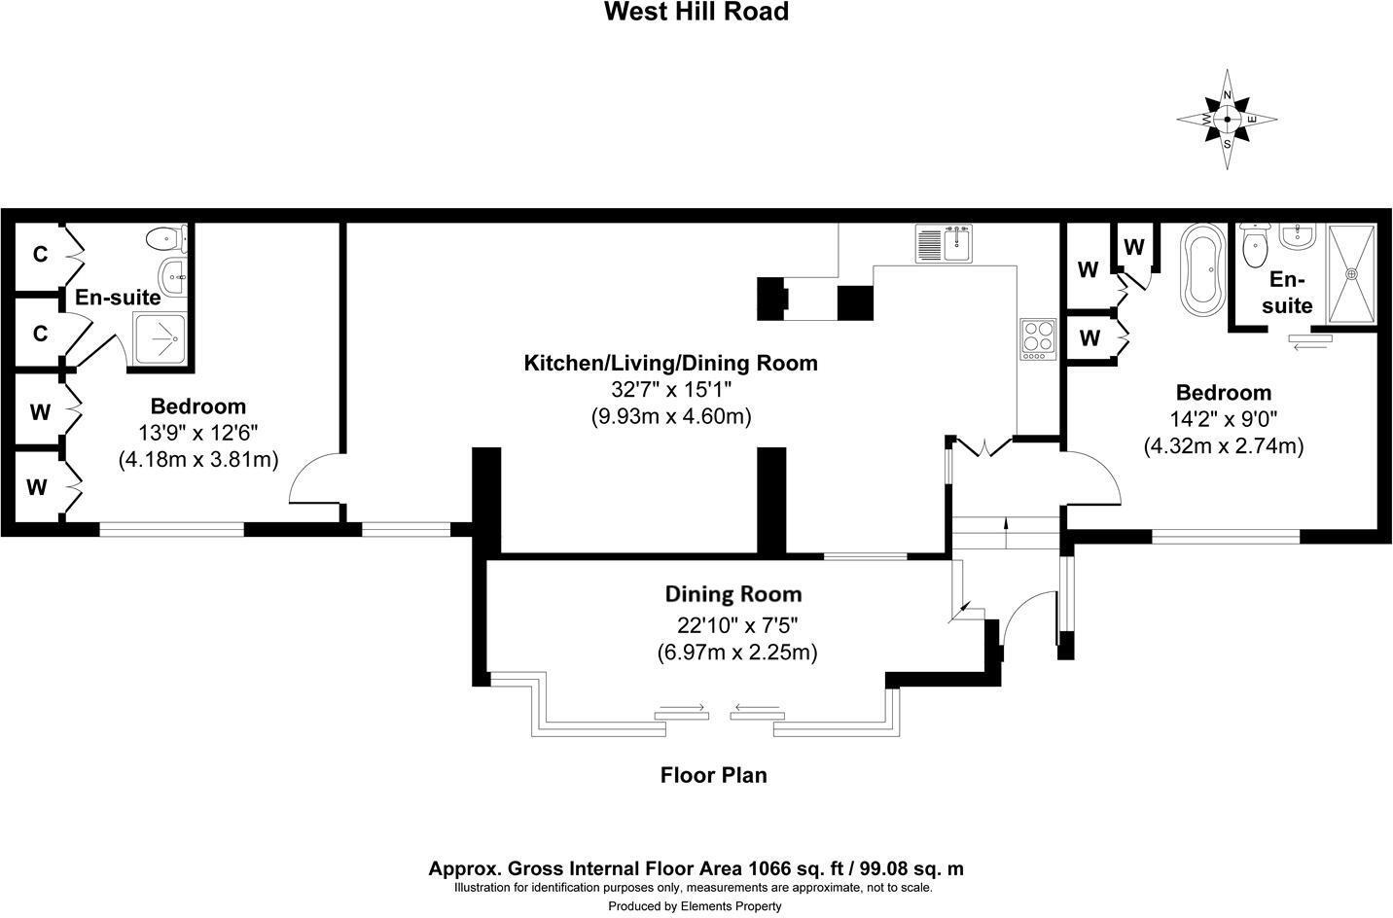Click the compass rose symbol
click(1227, 120)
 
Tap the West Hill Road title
click(696, 12)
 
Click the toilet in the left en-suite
click(163, 239)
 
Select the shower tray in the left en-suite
click(162, 338)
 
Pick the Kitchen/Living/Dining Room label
click(670, 364)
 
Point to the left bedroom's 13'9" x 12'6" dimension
click(197, 433)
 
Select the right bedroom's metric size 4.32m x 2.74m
click(1223, 445)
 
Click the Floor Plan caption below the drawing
click(713, 775)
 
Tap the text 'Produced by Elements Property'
click(695, 906)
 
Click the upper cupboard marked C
click(40, 255)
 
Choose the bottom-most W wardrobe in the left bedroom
click(37, 487)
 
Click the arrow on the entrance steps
click(1006, 526)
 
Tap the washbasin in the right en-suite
click(1299, 236)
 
